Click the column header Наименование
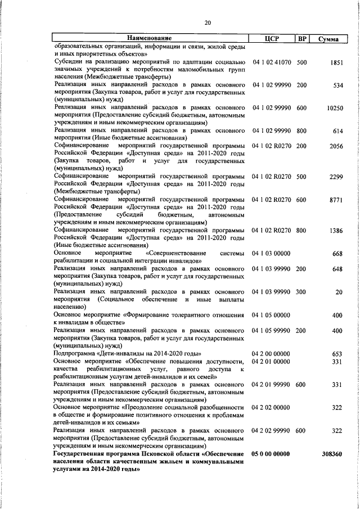pyautogui.click(x=149, y=38)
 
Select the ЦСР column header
pyautogui.click(x=272, y=38)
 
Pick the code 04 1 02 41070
pyautogui.click(x=271, y=61)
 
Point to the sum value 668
pyautogui.click(x=337, y=254)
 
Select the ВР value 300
pyautogui.click(x=301, y=292)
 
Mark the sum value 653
pyautogui.click(x=337, y=354)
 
